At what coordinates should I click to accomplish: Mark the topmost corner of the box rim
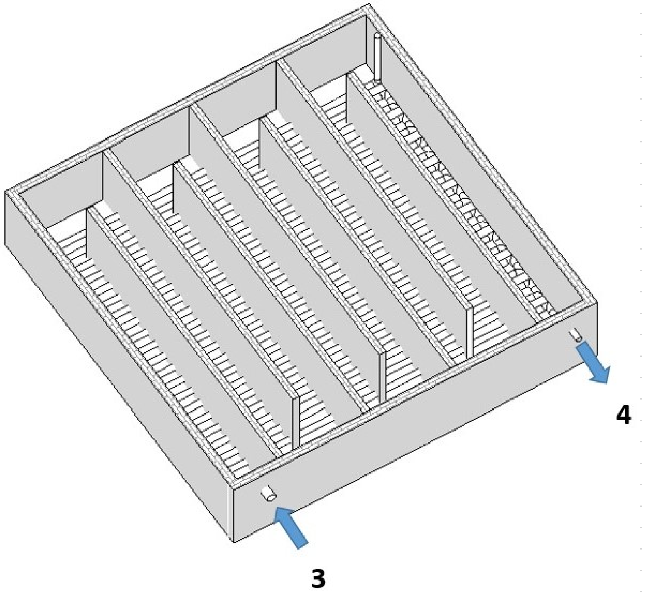(368, 4)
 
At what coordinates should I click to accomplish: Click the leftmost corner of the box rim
(5, 191)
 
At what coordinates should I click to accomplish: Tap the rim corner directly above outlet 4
(597, 302)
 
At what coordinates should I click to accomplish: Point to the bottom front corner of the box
(233, 542)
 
